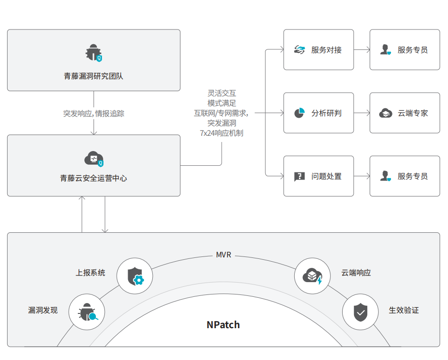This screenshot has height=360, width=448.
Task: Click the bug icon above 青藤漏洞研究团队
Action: coord(93,53)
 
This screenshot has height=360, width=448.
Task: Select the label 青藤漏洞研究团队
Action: coord(93,76)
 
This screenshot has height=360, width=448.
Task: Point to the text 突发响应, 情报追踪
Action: coord(93,114)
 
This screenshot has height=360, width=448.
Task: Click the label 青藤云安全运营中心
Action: coord(93,179)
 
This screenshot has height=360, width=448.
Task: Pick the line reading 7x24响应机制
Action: coord(222,133)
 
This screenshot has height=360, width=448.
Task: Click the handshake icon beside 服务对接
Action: coord(299,50)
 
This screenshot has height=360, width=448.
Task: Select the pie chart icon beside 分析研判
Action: coord(299,113)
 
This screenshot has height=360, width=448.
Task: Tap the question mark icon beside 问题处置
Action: coord(299,176)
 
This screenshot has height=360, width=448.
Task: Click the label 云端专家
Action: coord(413,113)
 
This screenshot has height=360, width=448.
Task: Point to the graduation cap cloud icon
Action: coord(385,113)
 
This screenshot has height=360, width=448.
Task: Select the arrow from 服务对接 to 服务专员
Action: coord(362,49)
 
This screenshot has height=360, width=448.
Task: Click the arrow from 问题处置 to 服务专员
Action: coord(362,176)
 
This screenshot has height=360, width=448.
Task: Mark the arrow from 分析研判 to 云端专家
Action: coord(362,113)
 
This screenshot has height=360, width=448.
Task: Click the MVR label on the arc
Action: coord(224,255)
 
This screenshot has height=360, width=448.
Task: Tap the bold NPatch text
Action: coord(223,325)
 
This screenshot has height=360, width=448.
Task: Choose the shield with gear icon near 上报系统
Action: coord(135,276)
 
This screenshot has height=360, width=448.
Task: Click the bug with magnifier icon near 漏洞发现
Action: coord(87,312)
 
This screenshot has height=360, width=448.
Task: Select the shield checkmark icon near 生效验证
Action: coord(360,312)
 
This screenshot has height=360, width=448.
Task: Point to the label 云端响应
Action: coord(356,273)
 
